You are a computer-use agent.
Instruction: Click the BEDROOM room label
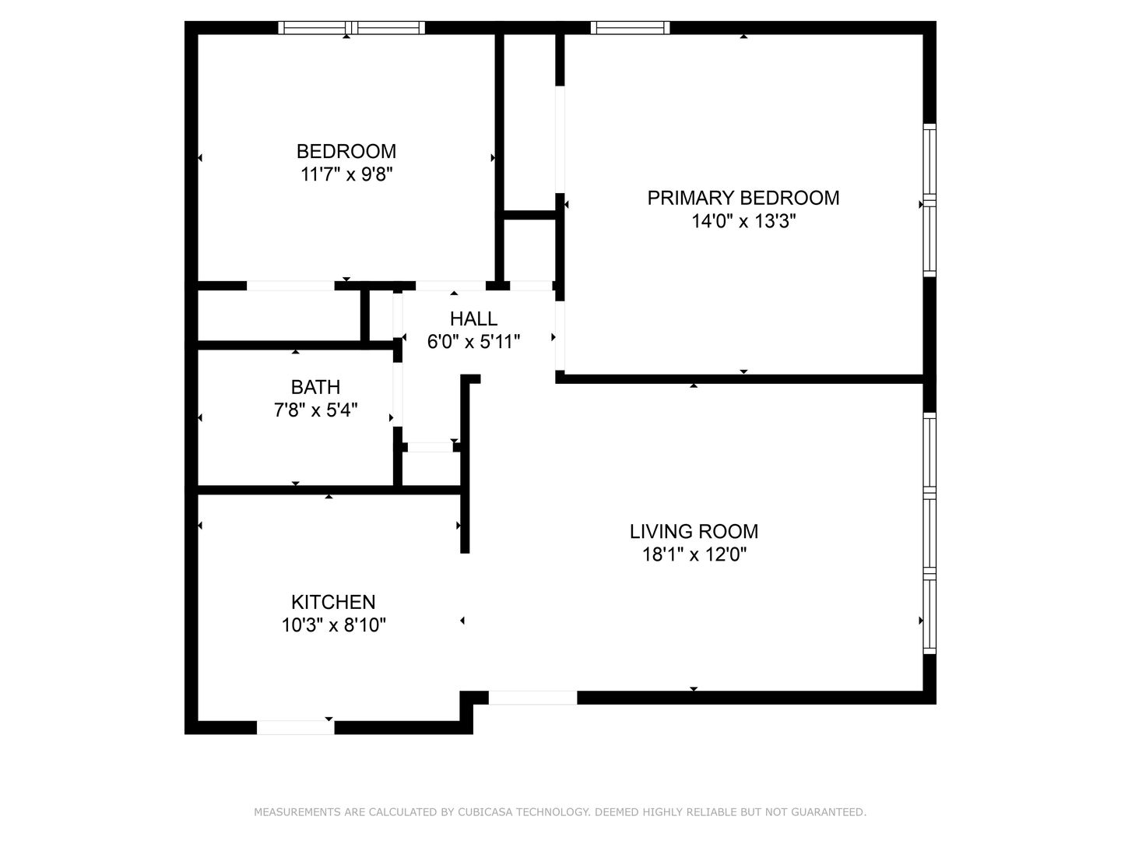tap(346, 151)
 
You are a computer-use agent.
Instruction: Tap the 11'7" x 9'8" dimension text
tap(346, 174)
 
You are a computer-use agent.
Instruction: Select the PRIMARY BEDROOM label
tap(743, 198)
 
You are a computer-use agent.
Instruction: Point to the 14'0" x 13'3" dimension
tap(743, 221)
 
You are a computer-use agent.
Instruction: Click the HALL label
tap(473, 318)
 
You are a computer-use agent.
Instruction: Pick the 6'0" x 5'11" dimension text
tap(473, 342)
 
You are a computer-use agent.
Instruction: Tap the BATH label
tap(315, 387)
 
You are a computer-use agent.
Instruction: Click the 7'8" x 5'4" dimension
tap(315, 410)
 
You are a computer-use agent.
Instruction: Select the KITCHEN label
tap(333, 602)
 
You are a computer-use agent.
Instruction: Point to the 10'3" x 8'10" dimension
tap(333, 625)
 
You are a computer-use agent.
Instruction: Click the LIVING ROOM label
tap(694, 532)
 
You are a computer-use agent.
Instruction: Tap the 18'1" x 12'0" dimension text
tap(694, 554)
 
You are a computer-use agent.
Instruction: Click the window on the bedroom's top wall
tap(351, 27)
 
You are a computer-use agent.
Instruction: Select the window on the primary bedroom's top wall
tap(630, 27)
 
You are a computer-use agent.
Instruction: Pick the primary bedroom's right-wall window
tap(929, 200)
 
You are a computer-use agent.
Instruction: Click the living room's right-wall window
tap(929, 533)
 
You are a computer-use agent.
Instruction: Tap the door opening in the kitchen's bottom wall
tap(295, 727)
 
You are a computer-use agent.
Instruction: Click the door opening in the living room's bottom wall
tap(532, 698)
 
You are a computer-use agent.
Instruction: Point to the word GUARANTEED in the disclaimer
tap(828, 812)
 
